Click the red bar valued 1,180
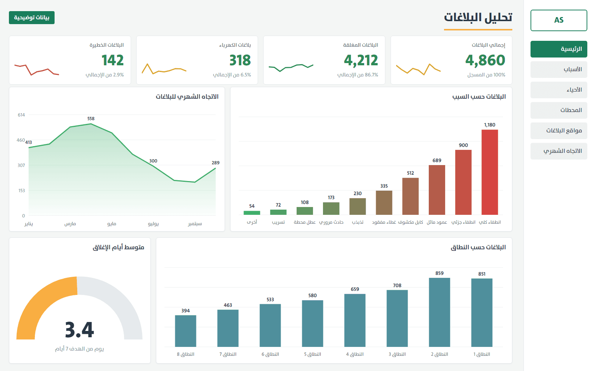click(490, 172)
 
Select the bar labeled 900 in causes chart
click(463, 182)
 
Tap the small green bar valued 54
click(252, 213)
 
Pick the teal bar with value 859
click(440, 312)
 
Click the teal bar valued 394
click(186, 331)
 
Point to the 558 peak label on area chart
click(91, 118)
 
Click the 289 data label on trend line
click(216, 163)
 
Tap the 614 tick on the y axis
click(21, 115)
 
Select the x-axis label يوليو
click(153, 224)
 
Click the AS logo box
click(559, 20)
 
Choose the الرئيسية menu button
click(559, 49)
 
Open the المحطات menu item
click(559, 110)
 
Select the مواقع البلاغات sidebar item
click(559, 131)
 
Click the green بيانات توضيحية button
click(32, 17)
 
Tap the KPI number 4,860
click(485, 60)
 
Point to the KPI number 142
click(113, 60)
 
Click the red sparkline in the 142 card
click(37, 70)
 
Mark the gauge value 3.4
click(79, 330)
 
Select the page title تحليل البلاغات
click(478, 17)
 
